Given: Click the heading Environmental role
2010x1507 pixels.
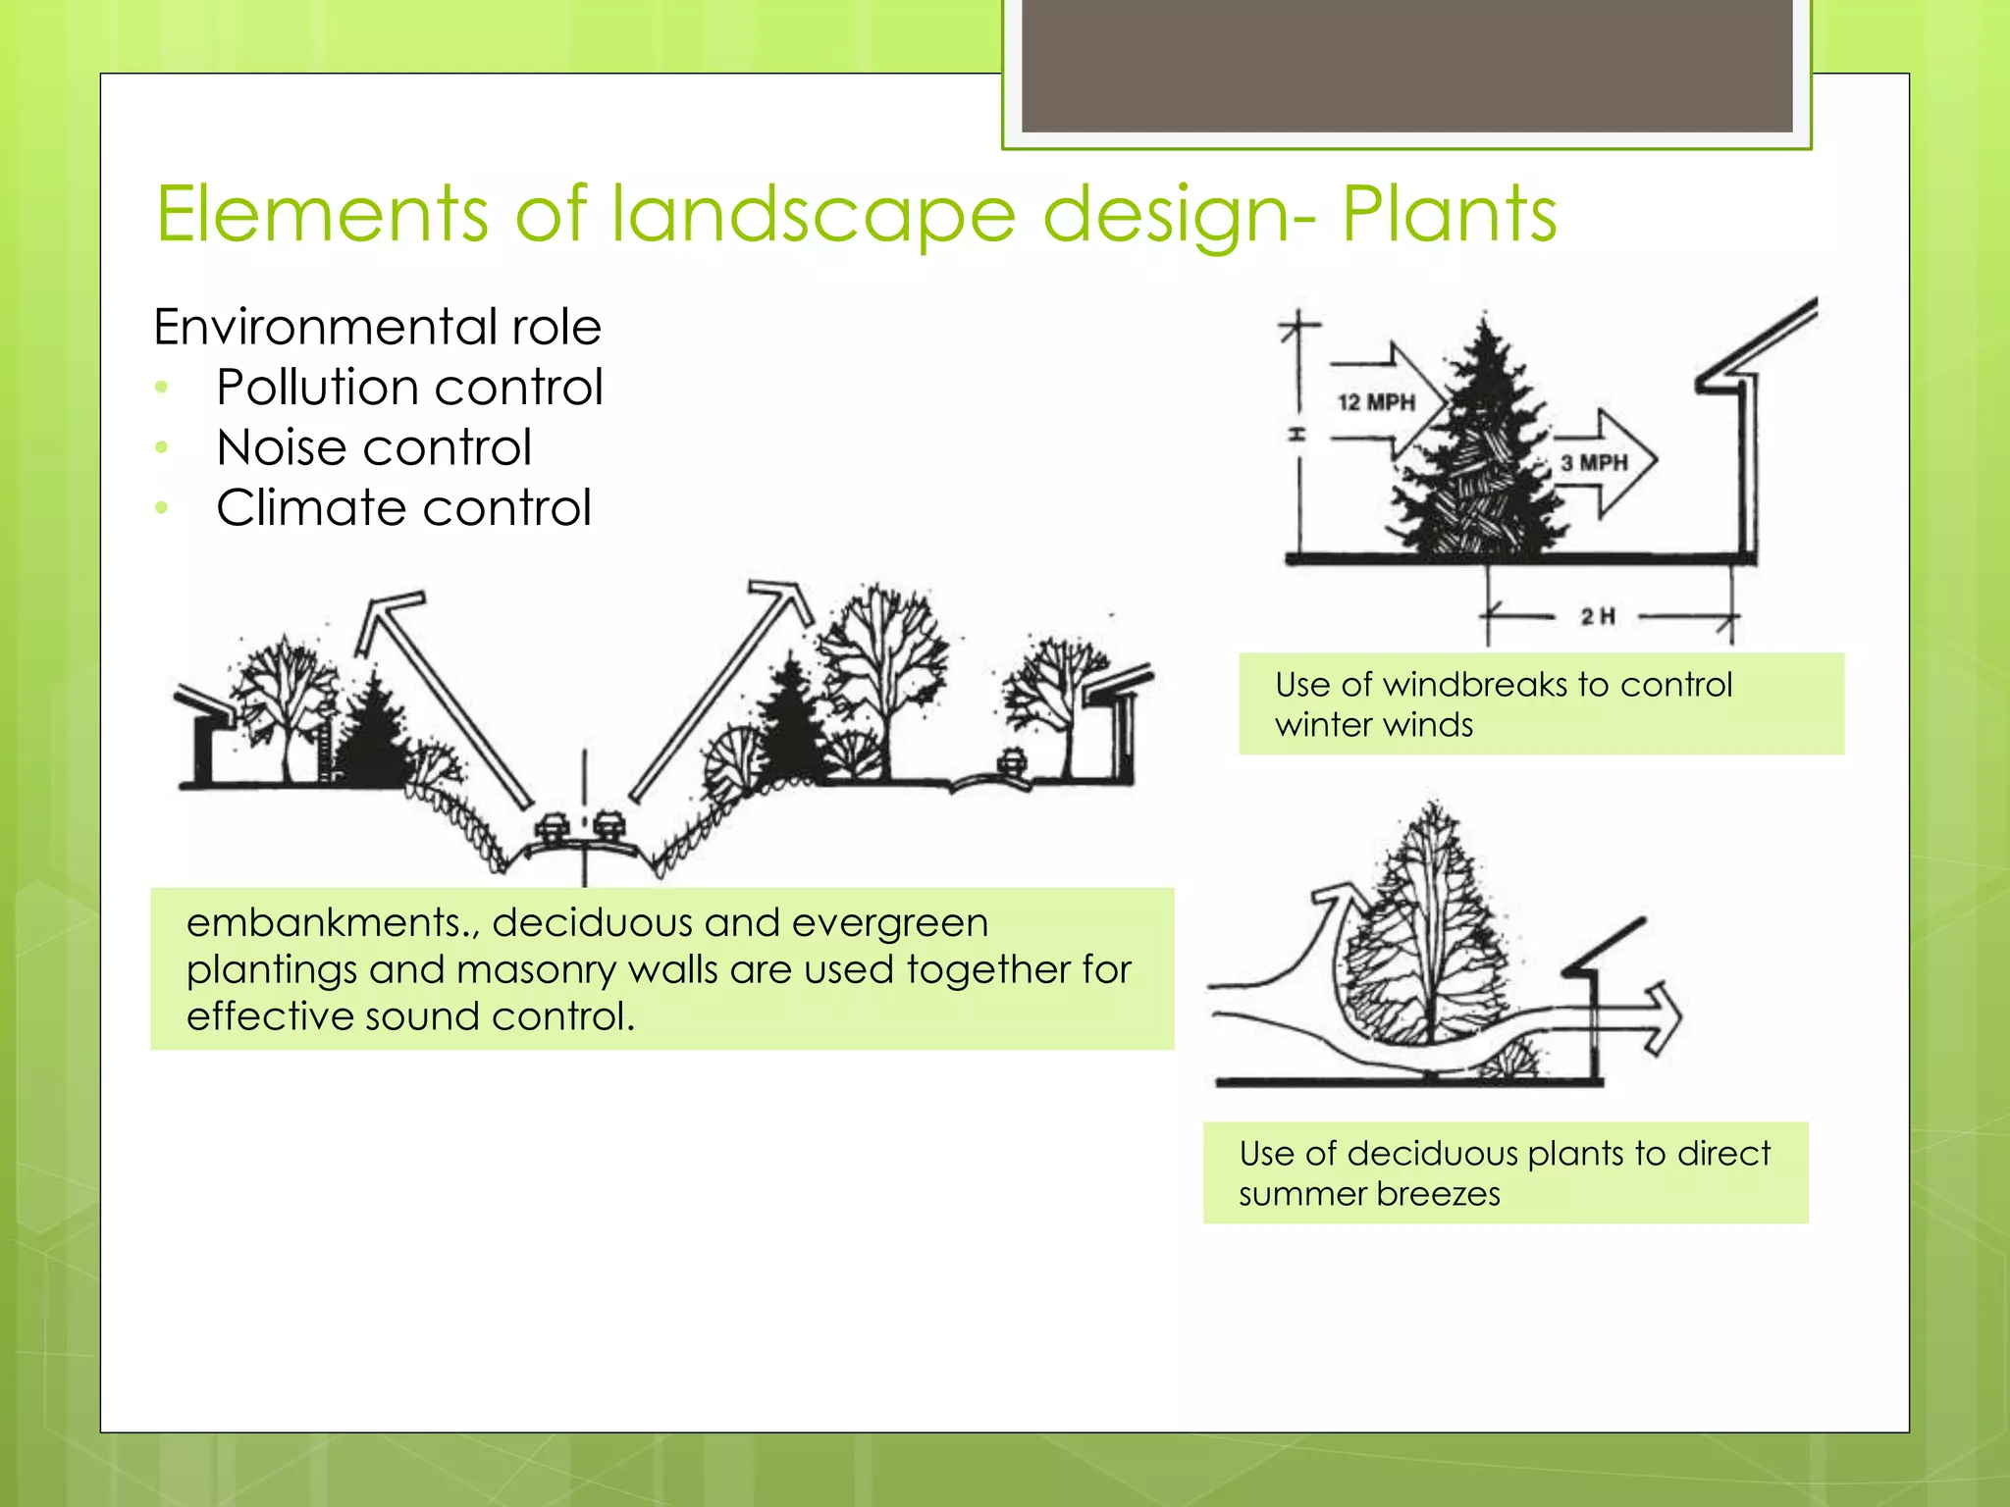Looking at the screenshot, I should [377, 327].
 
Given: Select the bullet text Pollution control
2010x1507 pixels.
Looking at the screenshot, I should [409, 387].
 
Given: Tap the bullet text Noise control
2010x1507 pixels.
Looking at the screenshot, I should [374, 447].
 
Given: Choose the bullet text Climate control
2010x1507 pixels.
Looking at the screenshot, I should [403, 508].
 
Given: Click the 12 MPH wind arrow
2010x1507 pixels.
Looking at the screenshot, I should [1384, 401].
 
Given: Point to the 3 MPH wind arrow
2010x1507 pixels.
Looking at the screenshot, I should [1602, 462].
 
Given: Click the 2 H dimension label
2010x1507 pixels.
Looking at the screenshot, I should [1598, 616].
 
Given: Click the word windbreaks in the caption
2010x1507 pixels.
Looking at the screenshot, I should [1472, 684].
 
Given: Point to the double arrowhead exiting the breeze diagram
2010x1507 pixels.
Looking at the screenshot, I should [1665, 1018].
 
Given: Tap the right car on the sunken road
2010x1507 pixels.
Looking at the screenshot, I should [610, 827].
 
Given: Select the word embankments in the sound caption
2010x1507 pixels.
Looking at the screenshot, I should [323, 922].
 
